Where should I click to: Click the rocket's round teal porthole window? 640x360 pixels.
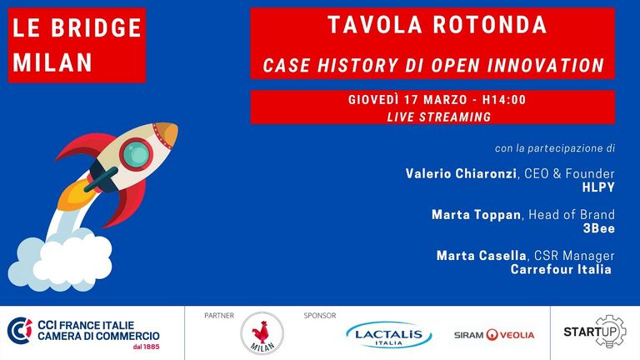click(137, 154)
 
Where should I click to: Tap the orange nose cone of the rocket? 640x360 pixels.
click(167, 134)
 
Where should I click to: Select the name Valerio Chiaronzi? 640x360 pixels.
click(461, 173)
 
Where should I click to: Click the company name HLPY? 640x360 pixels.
click(598, 187)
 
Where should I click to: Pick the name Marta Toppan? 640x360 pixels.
click(477, 214)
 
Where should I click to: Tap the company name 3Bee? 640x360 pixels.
click(599, 228)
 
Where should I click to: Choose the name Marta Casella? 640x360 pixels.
click(481, 256)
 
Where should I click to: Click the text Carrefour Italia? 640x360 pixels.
click(561, 269)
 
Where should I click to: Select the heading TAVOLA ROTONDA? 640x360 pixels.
click(437, 25)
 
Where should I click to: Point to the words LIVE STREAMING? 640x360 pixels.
click(439, 117)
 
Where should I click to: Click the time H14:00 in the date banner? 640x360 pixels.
click(504, 100)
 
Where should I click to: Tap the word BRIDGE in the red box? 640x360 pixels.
click(97, 27)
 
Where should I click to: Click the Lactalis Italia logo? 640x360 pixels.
click(388, 335)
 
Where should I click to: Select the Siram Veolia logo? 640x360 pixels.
click(494, 335)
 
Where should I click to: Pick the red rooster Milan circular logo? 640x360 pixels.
click(262, 333)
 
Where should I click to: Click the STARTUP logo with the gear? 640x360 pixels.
click(595, 332)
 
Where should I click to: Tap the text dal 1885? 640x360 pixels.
click(146, 347)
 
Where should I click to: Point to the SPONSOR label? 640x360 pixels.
click(320, 316)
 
